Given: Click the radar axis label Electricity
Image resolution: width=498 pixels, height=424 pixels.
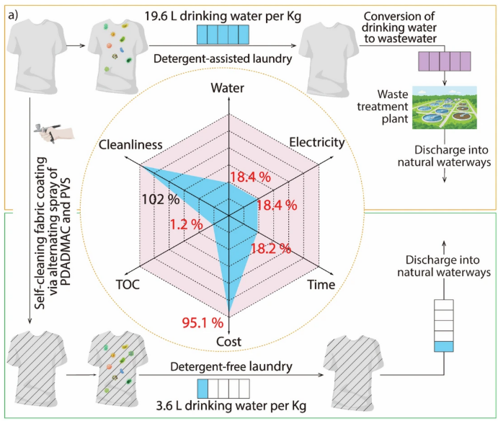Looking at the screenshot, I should tap(316, 142).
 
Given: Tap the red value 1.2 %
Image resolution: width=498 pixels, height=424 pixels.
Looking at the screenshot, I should tap(187, 224).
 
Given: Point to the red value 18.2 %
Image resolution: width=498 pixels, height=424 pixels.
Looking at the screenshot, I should tap(270, 249).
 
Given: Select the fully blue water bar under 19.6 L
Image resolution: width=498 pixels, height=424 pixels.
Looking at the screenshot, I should tap(223, 35).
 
